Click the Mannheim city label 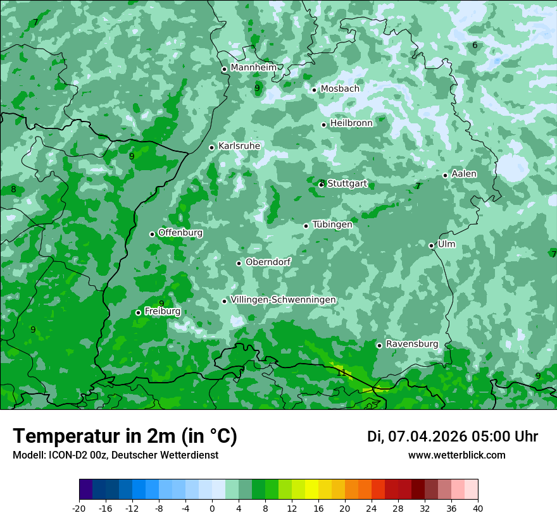tap(254, 68)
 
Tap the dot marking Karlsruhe tap(212, 147)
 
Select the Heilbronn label tap(351, 123)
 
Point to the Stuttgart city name tap(347, 184)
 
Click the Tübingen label tap(332, 225)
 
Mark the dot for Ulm tap(432, 245)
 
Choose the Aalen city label tap(464, 174)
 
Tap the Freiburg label tap(163, 311)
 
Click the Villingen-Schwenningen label tap(284, 300)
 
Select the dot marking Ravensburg tap(380, 345)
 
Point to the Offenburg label tap(180, 233)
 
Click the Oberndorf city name tap(268, 262)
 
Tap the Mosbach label tap(340, 89)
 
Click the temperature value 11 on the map tap(342, 373)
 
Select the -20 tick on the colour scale tap(79, 508)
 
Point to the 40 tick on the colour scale tap(477, 508)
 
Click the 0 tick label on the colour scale tap(212, 508)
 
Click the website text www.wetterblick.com tap(457, 455)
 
